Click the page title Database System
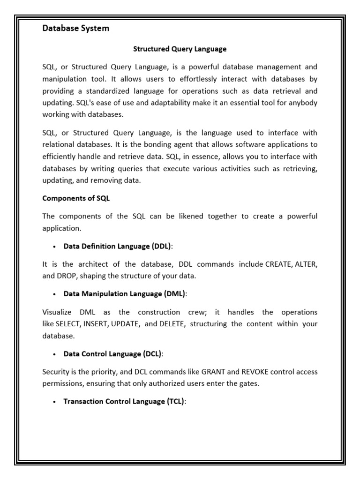[75, 28]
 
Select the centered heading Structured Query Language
[180, 48]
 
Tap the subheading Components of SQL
[76, 198]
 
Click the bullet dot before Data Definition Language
[55, 247]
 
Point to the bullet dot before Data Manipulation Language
[55, 294]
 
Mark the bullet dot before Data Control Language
[55, 354]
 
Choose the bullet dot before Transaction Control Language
[55, 402]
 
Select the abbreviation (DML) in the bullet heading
[175, 294]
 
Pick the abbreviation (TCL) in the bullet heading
[175, 401]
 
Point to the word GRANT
[213, 372]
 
